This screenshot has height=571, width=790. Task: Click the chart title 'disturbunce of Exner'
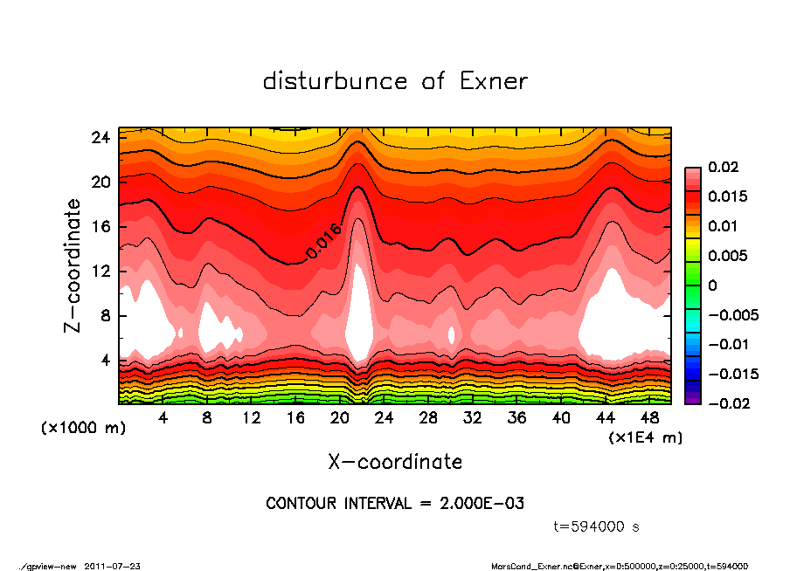click(395, 81)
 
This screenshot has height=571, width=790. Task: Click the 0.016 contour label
click(323, 241)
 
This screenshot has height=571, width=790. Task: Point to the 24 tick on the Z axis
click(100, 137)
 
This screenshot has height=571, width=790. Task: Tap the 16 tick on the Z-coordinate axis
click(100, 227)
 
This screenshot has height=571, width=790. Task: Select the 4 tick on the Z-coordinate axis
click(105, 360)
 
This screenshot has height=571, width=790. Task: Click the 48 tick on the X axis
click(648, 418)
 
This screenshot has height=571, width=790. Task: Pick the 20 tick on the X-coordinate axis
click(340, 418)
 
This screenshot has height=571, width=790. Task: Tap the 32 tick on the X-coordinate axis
click(473, 418)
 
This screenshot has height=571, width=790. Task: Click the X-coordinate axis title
click(395, 461)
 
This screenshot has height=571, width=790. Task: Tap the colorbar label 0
click(712, 285)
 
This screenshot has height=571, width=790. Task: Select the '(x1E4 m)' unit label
click(645, 436)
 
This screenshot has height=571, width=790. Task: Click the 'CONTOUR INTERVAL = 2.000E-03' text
click(395, 504)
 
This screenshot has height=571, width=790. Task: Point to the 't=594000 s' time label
click(597, 526)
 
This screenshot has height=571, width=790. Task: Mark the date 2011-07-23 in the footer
click(113, 566)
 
